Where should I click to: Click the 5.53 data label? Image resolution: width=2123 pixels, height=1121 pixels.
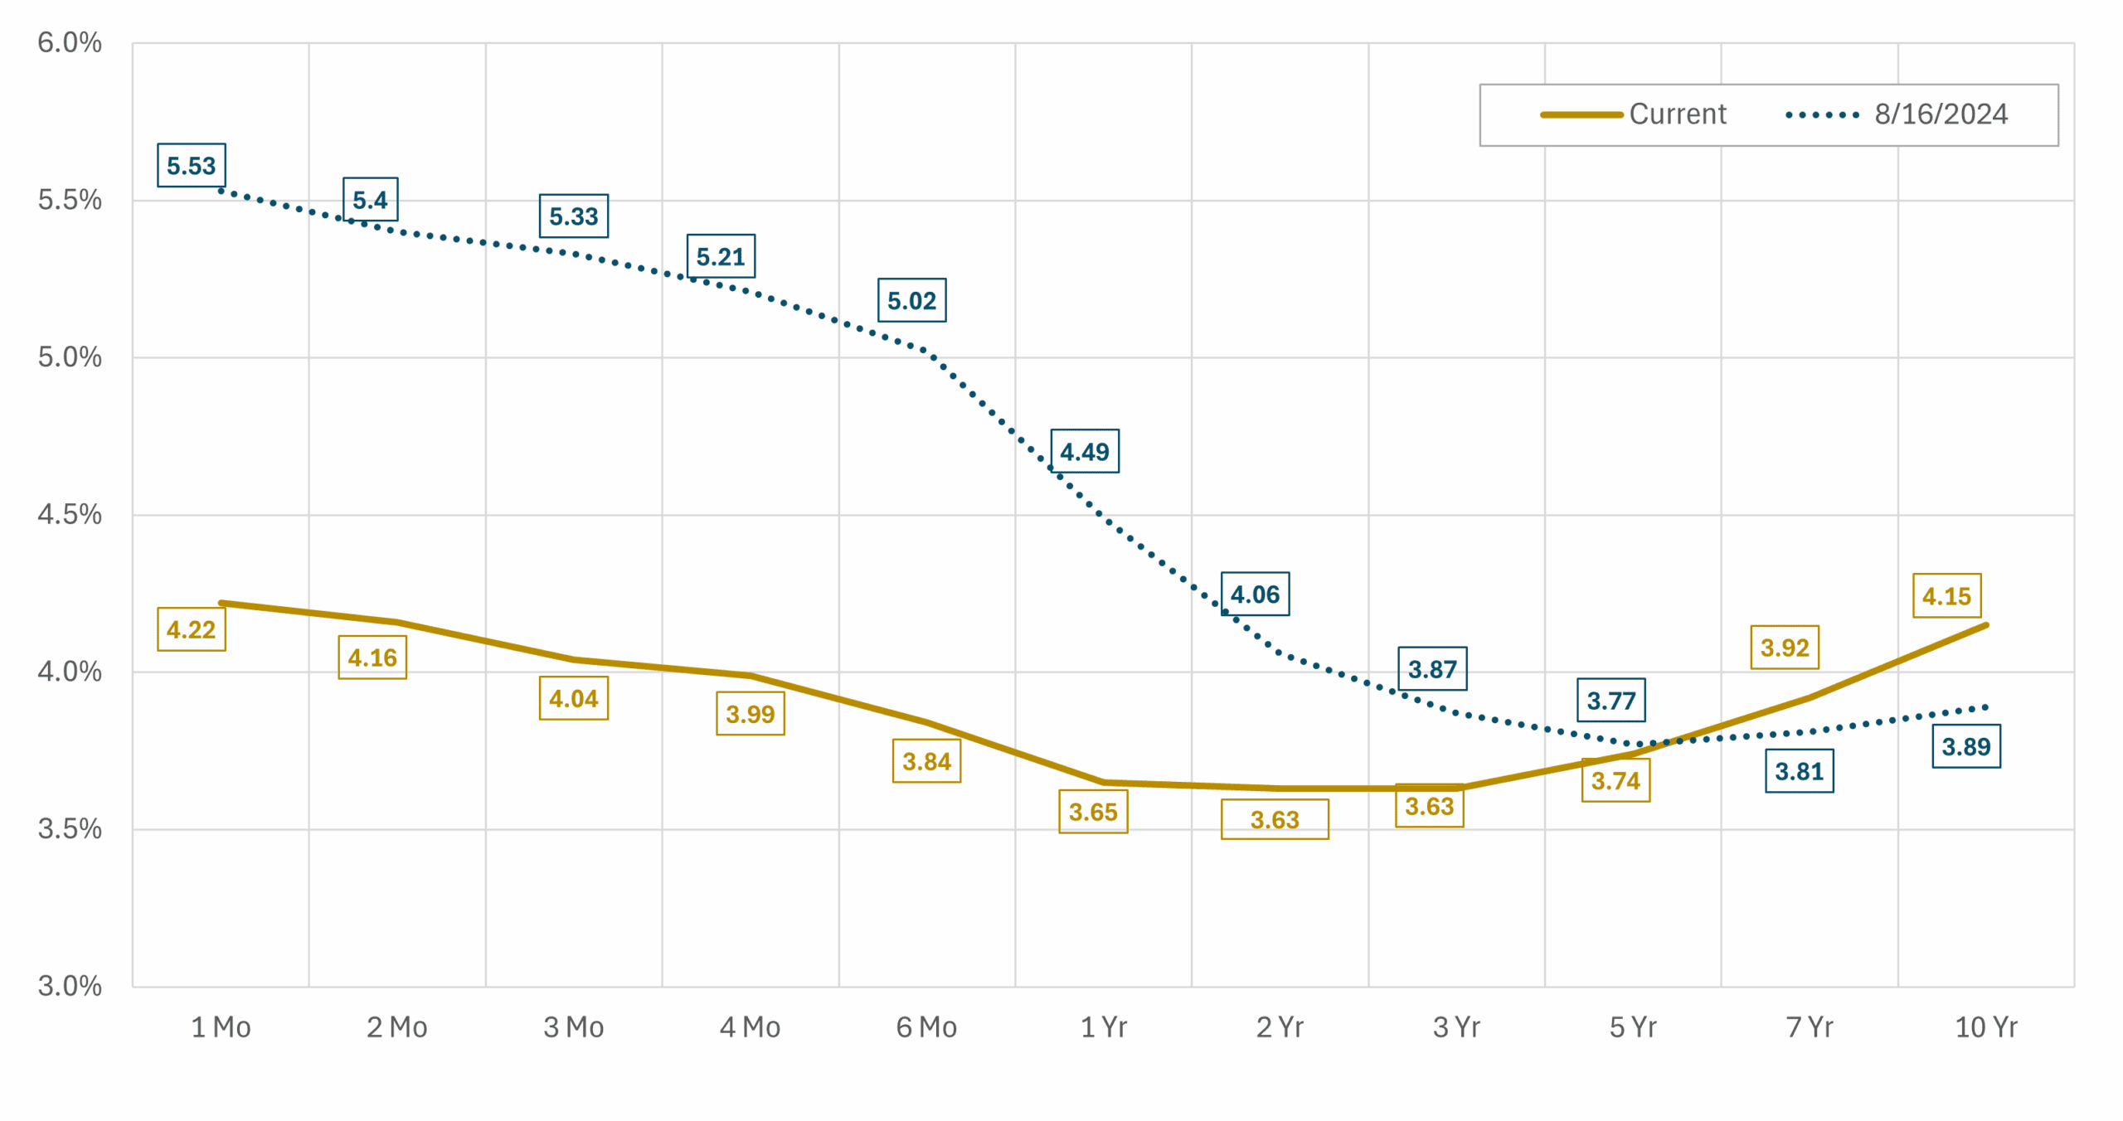[191, 166]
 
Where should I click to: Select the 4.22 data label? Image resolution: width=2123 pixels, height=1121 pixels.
[191, 629]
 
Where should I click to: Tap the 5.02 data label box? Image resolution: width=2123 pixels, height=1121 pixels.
[911, 300]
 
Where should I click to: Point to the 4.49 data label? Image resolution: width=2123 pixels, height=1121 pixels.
[1084, 451]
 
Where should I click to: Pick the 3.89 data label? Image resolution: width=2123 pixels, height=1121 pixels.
[1965, 746]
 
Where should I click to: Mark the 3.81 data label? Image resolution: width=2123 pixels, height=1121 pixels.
[1799, 771]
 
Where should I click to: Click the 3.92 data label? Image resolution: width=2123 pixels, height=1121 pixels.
[1784, 647]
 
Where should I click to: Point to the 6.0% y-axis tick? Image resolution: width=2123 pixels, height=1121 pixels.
[70, 42]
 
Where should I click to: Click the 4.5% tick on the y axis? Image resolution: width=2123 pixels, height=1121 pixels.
[70, 514]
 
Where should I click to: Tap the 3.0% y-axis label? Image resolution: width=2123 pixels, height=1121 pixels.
[70, 986]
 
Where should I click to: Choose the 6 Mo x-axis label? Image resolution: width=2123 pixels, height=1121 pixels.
[926, 1027]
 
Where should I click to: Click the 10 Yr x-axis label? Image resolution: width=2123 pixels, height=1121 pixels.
[1985, 1027]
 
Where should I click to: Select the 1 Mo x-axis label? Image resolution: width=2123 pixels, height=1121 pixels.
[221, 1027]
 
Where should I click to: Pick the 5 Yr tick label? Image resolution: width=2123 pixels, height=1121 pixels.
[1632, 1027]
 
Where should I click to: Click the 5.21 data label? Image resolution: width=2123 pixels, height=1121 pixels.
[720, 256]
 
